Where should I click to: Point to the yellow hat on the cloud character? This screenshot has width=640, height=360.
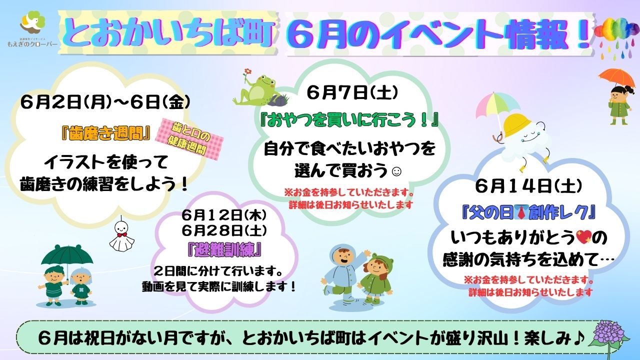[x=517, y=125]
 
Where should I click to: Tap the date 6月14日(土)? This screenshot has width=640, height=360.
[x=528, y=186]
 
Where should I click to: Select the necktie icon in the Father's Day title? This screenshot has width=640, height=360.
[x=520, y=214]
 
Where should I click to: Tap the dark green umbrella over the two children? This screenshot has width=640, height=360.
[x=67, y=256]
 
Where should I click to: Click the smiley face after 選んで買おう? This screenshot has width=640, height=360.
[x=397, y=171]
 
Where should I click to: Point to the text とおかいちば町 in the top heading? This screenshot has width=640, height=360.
[x=168, y=33]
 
